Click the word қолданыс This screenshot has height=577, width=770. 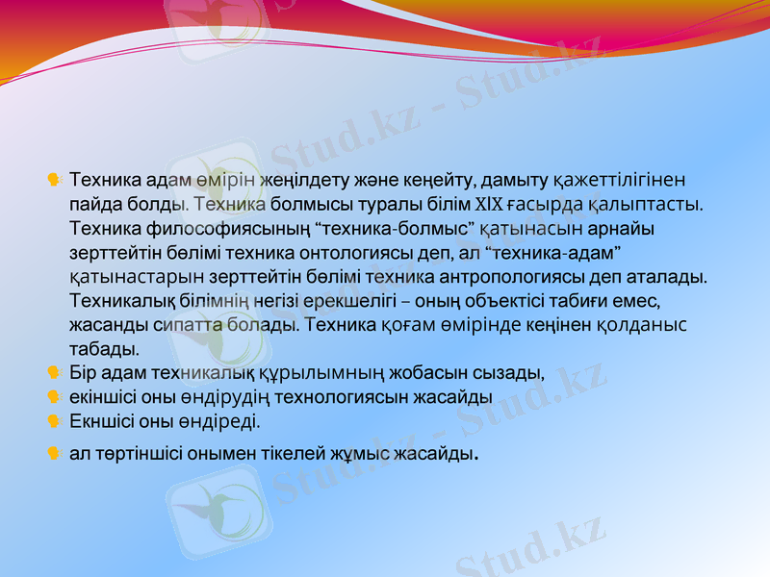640,325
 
